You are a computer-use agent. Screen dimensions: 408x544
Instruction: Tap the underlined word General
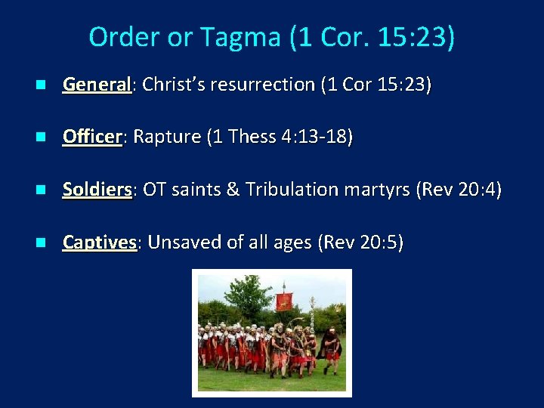pos(97,85)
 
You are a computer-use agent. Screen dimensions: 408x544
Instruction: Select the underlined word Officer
pos(92,137)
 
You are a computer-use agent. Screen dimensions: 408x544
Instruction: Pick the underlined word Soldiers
pos(97,189)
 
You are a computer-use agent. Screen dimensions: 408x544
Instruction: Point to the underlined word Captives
pos(100,242)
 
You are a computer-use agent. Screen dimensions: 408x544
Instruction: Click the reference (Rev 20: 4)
pos(459,189)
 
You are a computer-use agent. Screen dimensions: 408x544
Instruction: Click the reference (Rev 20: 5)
pos(361,242)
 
